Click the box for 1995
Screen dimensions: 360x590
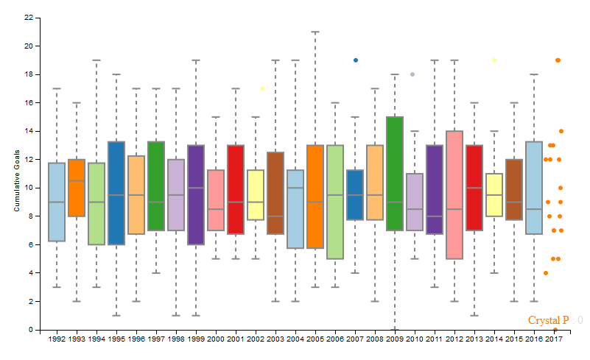point(116,193)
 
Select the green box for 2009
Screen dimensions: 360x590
point(395,173)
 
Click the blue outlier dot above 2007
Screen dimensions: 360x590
point(356,60)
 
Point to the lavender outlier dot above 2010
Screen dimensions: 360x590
point(412,74)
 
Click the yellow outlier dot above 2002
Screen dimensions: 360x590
point(261,88)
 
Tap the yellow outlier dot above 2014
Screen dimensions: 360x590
point(494,60)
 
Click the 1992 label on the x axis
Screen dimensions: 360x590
point(57,339)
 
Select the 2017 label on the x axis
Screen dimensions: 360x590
point(555,339)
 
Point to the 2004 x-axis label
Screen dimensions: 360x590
point(295,339)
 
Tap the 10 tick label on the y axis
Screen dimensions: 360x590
point(27,188)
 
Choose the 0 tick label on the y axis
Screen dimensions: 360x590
point(29,330)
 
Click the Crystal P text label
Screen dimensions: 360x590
point(549,320)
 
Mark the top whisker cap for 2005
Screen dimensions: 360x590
point(315,32)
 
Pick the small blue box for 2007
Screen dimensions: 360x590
point(355,195)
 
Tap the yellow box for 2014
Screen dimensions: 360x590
point(494,195)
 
